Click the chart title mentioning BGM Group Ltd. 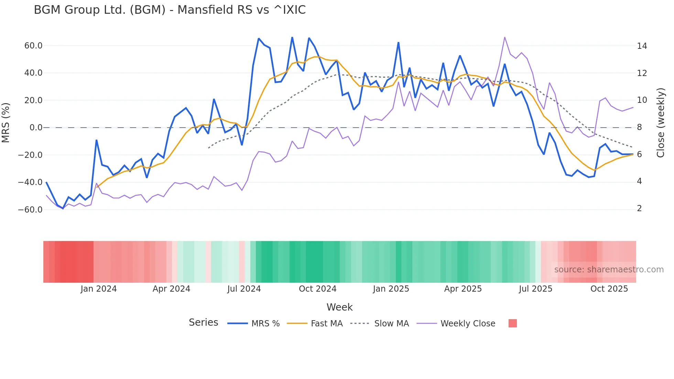pyautogui.click(x=170, y=10)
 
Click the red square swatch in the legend pyautogui.click(x=512, y=323)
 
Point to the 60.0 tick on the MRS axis pyautogui.click(x=33, y=46)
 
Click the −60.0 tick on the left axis pyautogui.click(x=30, y=209)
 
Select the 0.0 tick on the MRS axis pyautogui.click(x=36, y=128)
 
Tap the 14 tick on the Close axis pyautogui.click(x=642, y=46)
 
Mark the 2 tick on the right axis pyautogui.click(x=639, y=208)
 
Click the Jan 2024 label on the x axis pyautogui.click(x=99, y=289)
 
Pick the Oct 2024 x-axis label pyautogui.click(x=317, y=289)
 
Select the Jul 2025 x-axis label pyautogui.click(x=535, y=289)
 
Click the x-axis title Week pyautogui.click(x=339, y=307)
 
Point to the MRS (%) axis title pyautogui.click(x=6, y=122)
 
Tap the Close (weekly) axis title pyautogui.click(x=660, y=122)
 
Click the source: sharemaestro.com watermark pyautogui.click(x=609, y=270)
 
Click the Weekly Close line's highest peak pyautogui.click(x=504, y=37)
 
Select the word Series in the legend pyautogui.click(x=203, y=323)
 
